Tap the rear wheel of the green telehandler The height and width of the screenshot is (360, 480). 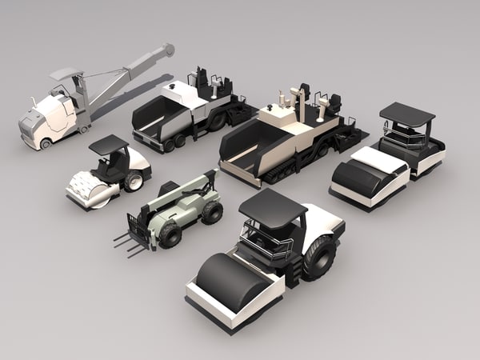pyautogui.click(x=212, y=212)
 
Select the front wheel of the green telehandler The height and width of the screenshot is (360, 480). pyautogui.click(x=170, y=234)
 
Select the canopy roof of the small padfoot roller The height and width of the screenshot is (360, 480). pyautogui.click(x=108, y=145)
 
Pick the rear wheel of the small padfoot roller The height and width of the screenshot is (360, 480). pyautogui.click(x=133, y=181)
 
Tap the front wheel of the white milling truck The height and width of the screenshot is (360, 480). pyautogui.click(x=46, y=144)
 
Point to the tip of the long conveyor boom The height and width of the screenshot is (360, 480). pyautogui.click(x=167, y=50)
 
